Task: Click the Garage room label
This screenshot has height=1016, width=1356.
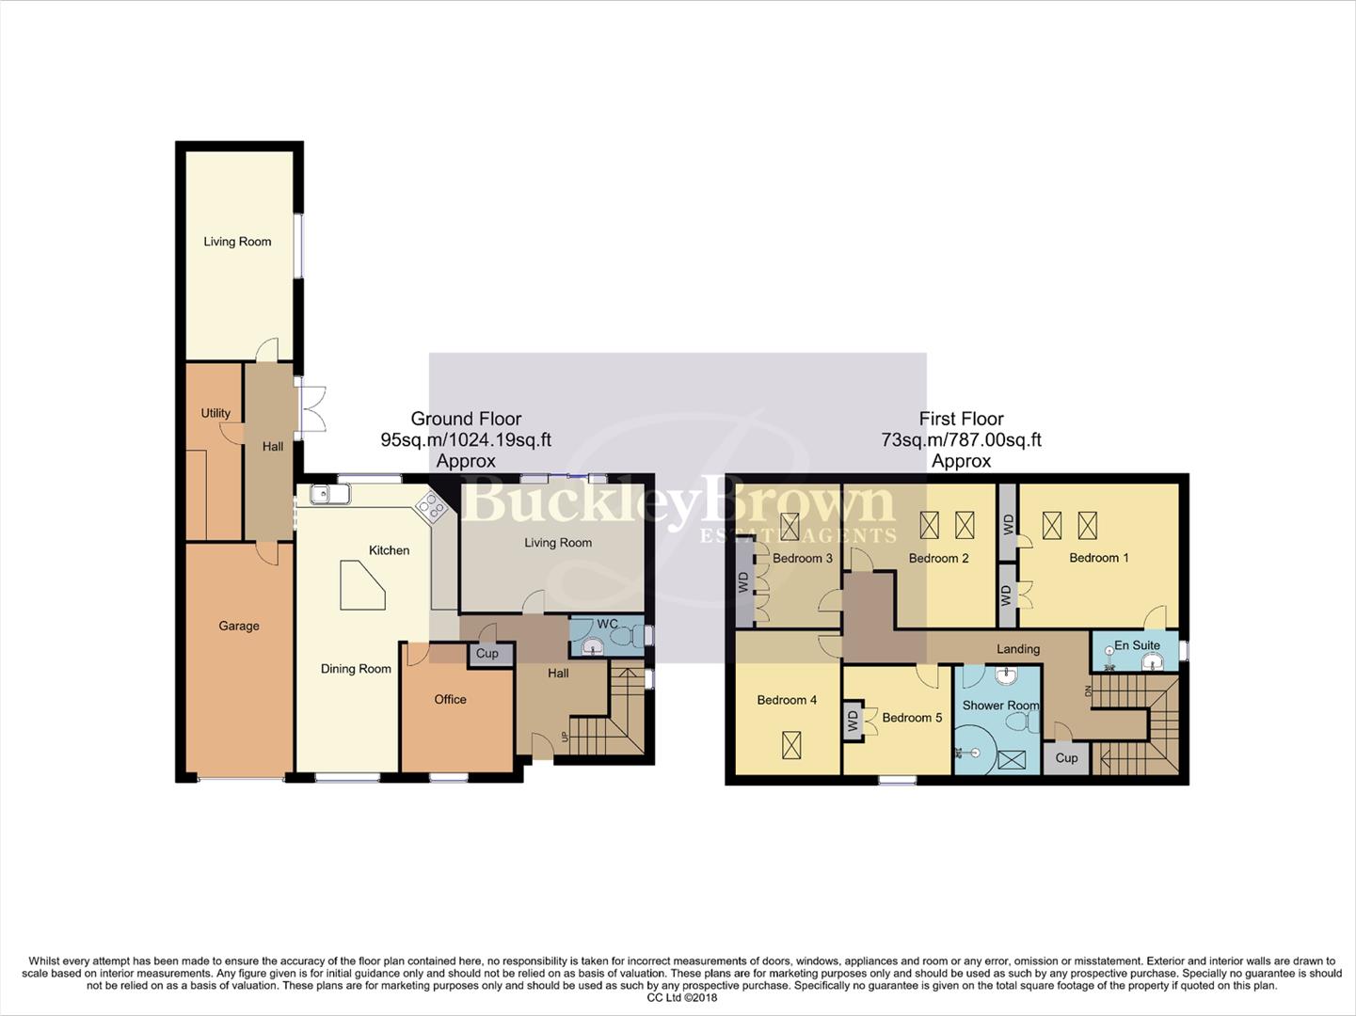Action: pos(239,626)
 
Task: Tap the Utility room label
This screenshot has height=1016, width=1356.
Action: pos(215,413)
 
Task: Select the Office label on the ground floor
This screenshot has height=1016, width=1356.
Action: pos(450,699)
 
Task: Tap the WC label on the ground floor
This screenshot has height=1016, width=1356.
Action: pos(607,624)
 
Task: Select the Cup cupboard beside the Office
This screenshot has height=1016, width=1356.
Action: pos(487,653)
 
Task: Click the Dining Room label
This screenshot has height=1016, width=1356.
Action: pos(356,669)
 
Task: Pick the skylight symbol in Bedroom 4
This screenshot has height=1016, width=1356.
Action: pos(791,745)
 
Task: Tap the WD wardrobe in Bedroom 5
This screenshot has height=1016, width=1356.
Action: pos(853,722)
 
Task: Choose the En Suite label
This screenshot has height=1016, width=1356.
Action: pos(1137,645)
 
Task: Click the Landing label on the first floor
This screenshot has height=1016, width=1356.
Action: pos(1018,649)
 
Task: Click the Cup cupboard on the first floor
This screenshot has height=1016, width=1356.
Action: pos(1066,757)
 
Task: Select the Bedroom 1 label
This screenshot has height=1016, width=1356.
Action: pos(1098,558)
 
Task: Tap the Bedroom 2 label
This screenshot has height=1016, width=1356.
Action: pos(938,558)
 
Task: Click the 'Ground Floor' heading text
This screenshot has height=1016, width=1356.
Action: pos(466,419)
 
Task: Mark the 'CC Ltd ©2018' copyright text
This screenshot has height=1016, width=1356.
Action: pos(682,997)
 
